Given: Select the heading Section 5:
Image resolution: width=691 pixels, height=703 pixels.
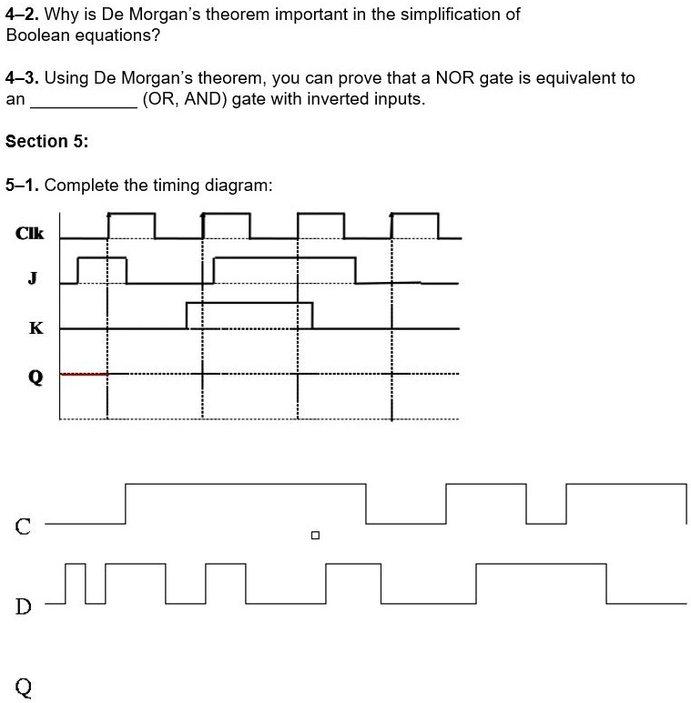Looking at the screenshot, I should click(x=46, y=141).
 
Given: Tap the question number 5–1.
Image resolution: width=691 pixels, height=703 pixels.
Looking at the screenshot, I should click(x=21, y=186).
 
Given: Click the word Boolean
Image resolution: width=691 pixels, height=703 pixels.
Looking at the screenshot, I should click(x=34, y=35).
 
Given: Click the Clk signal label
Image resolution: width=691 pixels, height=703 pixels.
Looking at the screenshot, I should click(x=29, y=234).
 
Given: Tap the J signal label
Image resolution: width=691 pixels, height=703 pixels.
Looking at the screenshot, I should click(x=33, y=279).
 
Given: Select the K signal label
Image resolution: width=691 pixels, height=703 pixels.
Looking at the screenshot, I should click(x=36, y=328).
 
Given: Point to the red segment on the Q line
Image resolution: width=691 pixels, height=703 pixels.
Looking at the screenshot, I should click(x=83, y=373).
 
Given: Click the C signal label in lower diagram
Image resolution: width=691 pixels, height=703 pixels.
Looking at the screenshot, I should click(x=23, y=525).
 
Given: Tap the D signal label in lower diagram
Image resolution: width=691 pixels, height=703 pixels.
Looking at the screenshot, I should click(x=23, y=605).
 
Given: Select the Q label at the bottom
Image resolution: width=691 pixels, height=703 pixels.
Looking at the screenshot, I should click(x=24, y=687).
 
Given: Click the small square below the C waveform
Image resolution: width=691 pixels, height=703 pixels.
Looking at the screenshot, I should click(x=315, y=536).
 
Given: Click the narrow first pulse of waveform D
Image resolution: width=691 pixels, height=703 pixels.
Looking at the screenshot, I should click(x=76, y=582).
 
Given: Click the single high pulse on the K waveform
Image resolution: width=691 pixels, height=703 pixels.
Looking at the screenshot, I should click(x=249, y=314).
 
